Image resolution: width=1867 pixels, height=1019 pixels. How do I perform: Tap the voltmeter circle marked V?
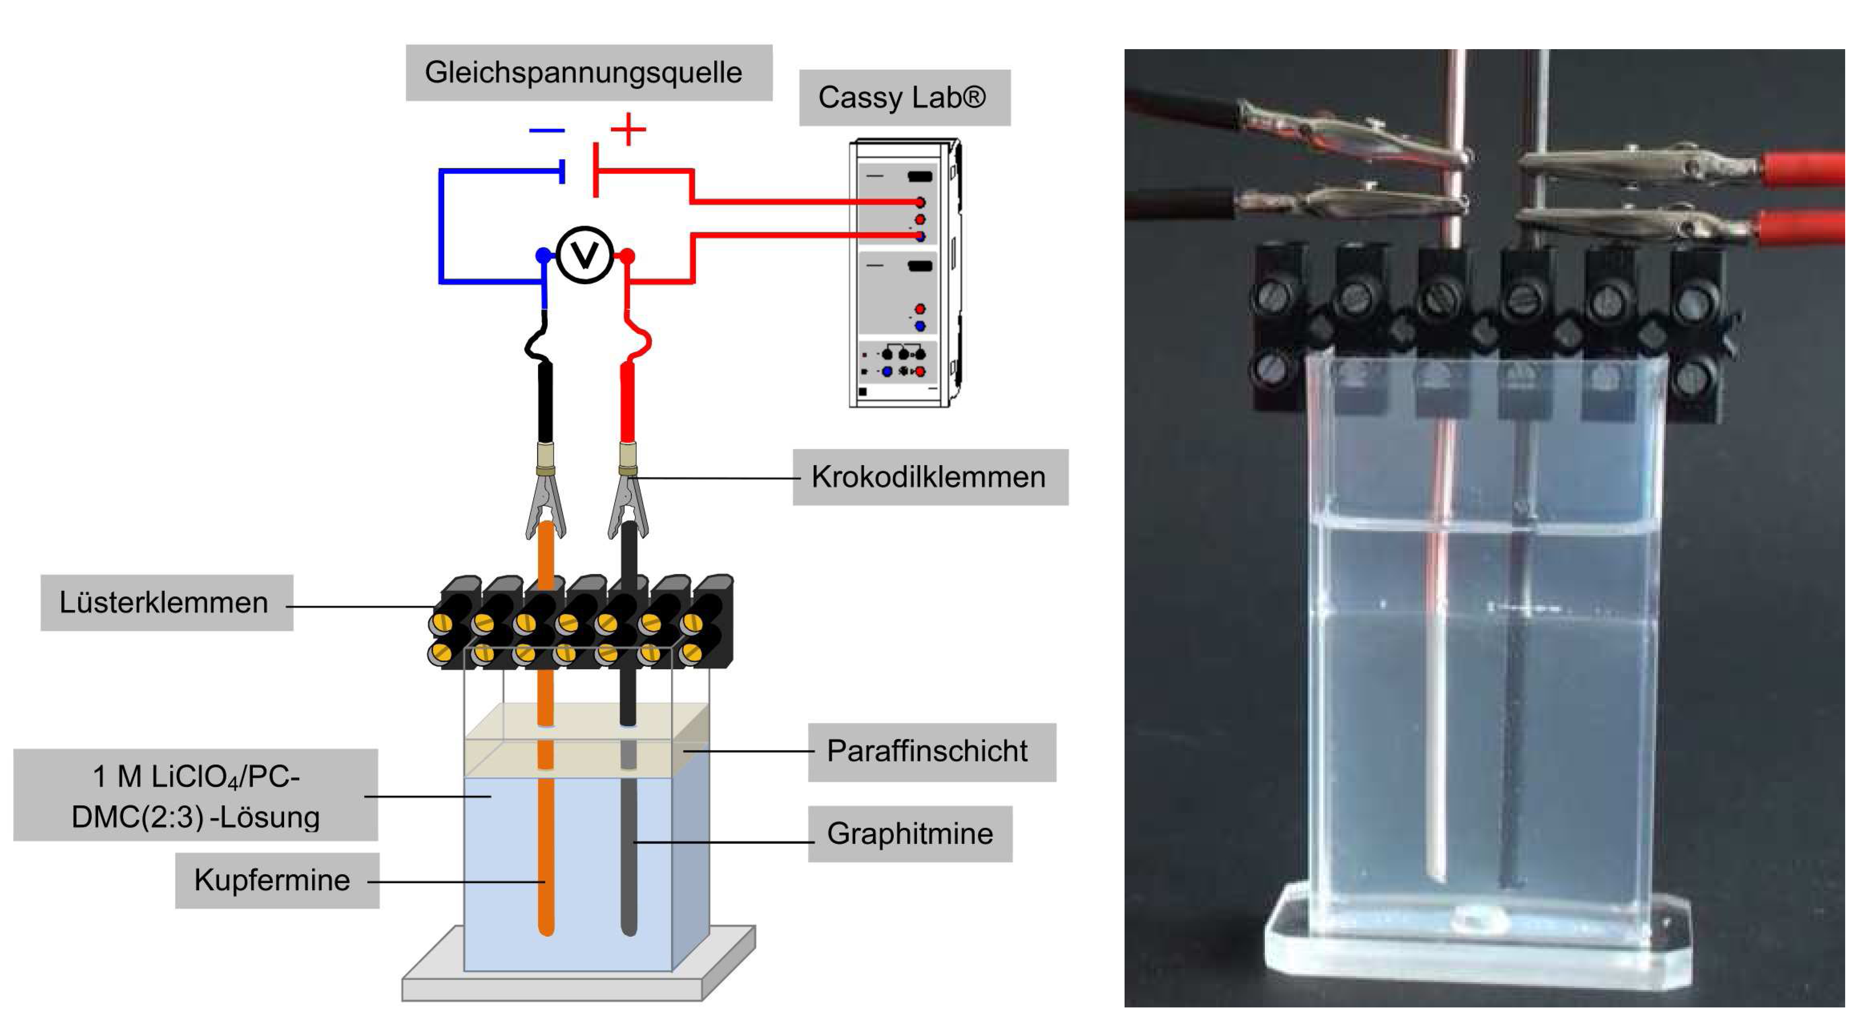[x=585, y=255]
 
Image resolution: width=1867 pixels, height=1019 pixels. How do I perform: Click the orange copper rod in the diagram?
[x=546, y=725]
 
